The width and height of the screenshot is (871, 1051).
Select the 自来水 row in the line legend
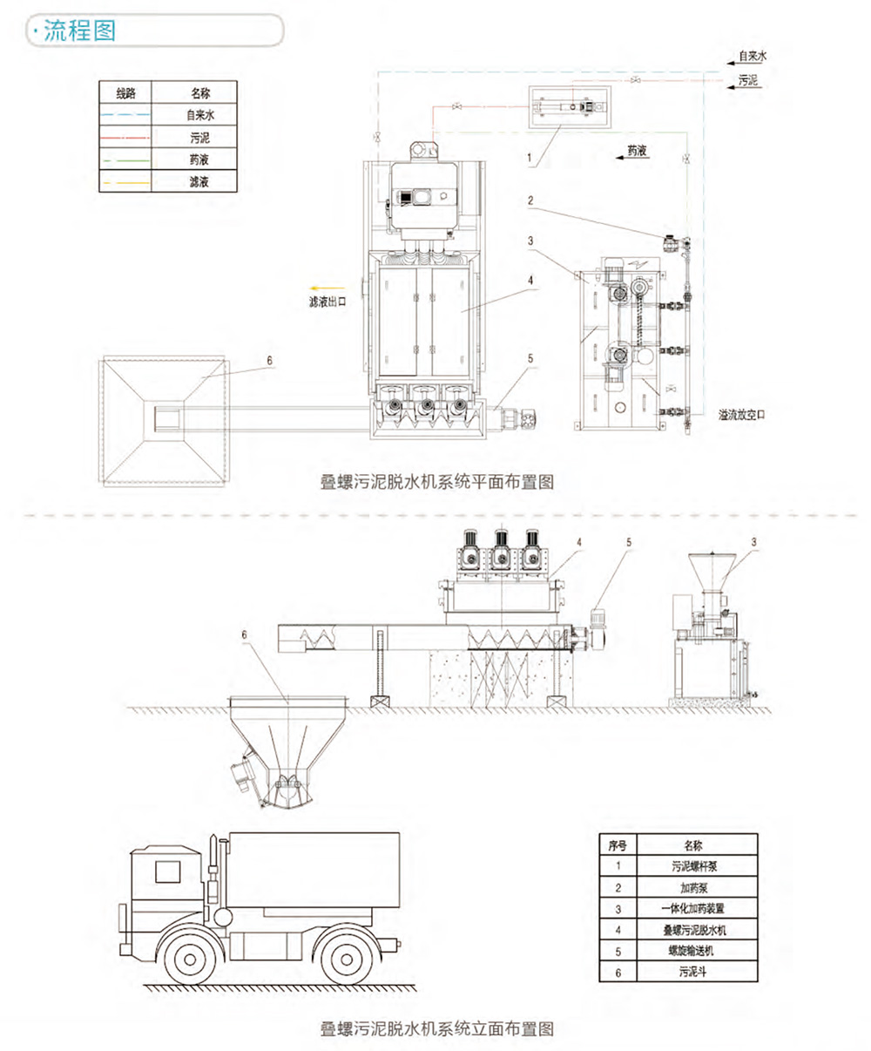[x=199, y=114]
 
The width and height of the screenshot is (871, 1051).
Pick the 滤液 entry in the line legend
[x=199, y=182]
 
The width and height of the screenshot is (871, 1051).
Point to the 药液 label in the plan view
[x=638, y=151]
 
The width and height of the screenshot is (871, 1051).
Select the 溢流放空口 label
[x=741, y=416]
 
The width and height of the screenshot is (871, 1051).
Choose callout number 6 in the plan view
[x=270, y=359]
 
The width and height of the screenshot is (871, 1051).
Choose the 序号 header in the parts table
[x=618, y=844]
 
